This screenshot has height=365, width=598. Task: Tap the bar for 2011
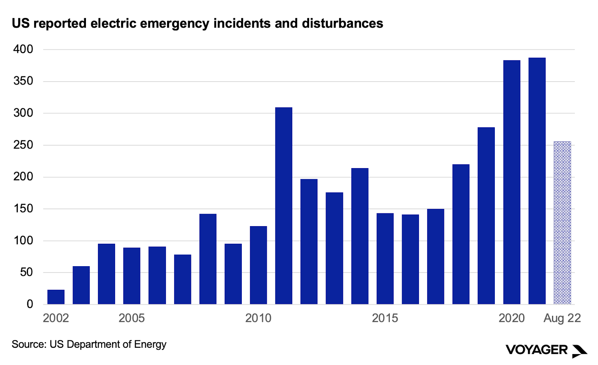pyautogui.click(x=284, y=206)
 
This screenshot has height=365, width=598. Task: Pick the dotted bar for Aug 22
pyautogui.click(x=562, y=223)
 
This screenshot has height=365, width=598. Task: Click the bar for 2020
pyautogui.click(x=512, y=182)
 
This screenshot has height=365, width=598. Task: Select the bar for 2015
pyautogui.click(x=385, y=259)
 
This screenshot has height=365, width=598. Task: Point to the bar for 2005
pyautogui.click(x=132, y=276)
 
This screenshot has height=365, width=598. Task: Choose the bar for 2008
pyautogui.click(x=208, y=259)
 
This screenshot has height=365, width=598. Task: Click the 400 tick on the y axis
pyautogui.click(x=23, y=49)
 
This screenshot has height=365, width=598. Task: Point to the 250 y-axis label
pyautogui.click(x=23, y=145)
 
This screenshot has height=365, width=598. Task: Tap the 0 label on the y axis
pyautogui.click(x=30, y=304)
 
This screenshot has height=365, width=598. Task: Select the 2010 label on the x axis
pyautogui.click(x=258, y=318)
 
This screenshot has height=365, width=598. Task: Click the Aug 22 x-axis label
pyautogui.click(x=562, y=318)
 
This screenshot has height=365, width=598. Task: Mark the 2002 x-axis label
pyautogui.click(x=56, y=318)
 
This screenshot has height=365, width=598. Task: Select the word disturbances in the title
pyautogui.click(x=342, y=23)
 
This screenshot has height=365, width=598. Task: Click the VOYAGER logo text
pyautogui.click(x=536, y=350)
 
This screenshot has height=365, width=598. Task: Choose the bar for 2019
pyautogui.click(x=486, y=216)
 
